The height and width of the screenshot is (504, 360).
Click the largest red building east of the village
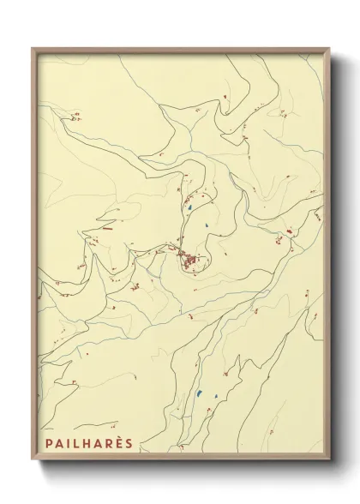pos(289,230)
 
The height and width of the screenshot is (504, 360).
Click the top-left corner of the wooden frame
pos(31,48)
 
